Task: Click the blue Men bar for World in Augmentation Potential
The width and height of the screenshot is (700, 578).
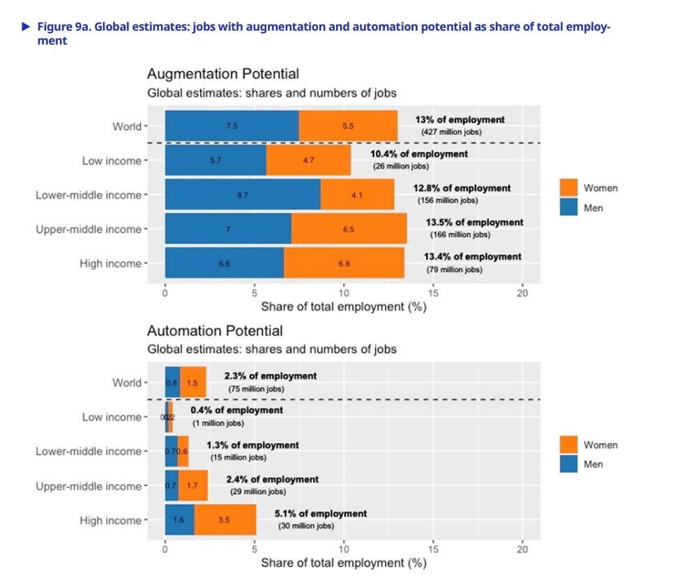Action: click(x=231, y=127)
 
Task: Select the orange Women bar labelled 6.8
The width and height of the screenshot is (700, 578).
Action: click(x=344, y=264)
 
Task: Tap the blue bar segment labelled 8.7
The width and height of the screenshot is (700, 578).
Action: click(x=243, y=196)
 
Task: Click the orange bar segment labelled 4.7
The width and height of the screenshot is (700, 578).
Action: click(x=308, y=160)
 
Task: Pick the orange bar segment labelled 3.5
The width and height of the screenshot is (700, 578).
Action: click(x=225, y=520)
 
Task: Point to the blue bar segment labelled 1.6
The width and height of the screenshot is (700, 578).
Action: click(x=179, y=520)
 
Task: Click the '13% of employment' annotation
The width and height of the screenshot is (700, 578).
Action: click(x=459, y=120)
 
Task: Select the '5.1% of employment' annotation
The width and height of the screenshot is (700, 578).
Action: click(x=320, y=514)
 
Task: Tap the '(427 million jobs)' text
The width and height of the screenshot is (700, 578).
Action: click(x=451, y=132)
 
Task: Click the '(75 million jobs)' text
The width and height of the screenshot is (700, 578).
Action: click(x=256, y=389)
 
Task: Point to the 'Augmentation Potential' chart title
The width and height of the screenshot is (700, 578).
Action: click(x=222, y=74)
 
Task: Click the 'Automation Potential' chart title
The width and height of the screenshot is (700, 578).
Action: click(x=215, y=331)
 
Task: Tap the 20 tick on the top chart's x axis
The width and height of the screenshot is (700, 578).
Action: click(x=522, y=293)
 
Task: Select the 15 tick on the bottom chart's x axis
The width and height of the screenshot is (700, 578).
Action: click(x=433, y=549)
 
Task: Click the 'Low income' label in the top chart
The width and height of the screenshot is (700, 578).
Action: click(x=111, y=161)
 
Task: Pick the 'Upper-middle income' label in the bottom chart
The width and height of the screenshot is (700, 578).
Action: click(x=89, y=486)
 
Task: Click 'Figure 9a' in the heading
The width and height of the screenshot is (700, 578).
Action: click(x=60, y=27)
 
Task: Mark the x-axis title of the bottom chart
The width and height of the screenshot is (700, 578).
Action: click(x=343, y=563)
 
